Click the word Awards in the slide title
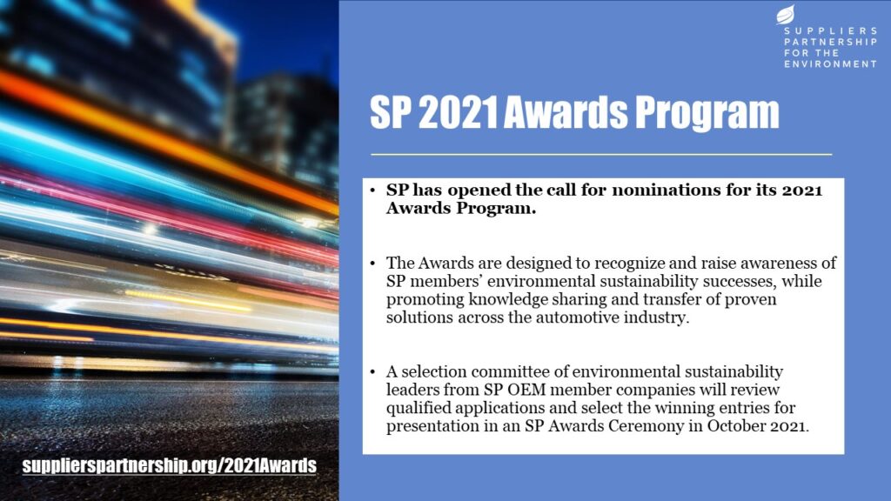click(x=566, y=112)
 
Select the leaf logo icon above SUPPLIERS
click(x=786, y=14)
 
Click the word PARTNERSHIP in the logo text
click(x=831, y=42)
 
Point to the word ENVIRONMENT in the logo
click(x=831, y=64)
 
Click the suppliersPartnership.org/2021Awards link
click(x=170, y=466)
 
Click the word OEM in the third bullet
click(x=523, y=390)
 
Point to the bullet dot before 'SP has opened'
click(x=372, y=190)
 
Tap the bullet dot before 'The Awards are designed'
click(x=372, y=263)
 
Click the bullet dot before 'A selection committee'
click(x=372, y=372)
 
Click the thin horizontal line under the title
click(x=601, y=154)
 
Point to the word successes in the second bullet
click(x=740, y=281)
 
